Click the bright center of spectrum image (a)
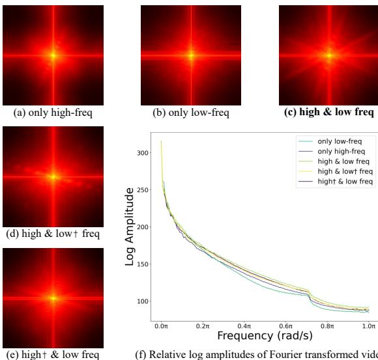tap(53, 55)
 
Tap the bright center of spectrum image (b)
tap(191, 55)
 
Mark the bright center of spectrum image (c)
tap(328, 55)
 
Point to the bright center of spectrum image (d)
tap(53, 176)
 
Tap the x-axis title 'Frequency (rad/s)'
tap(264, 335)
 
